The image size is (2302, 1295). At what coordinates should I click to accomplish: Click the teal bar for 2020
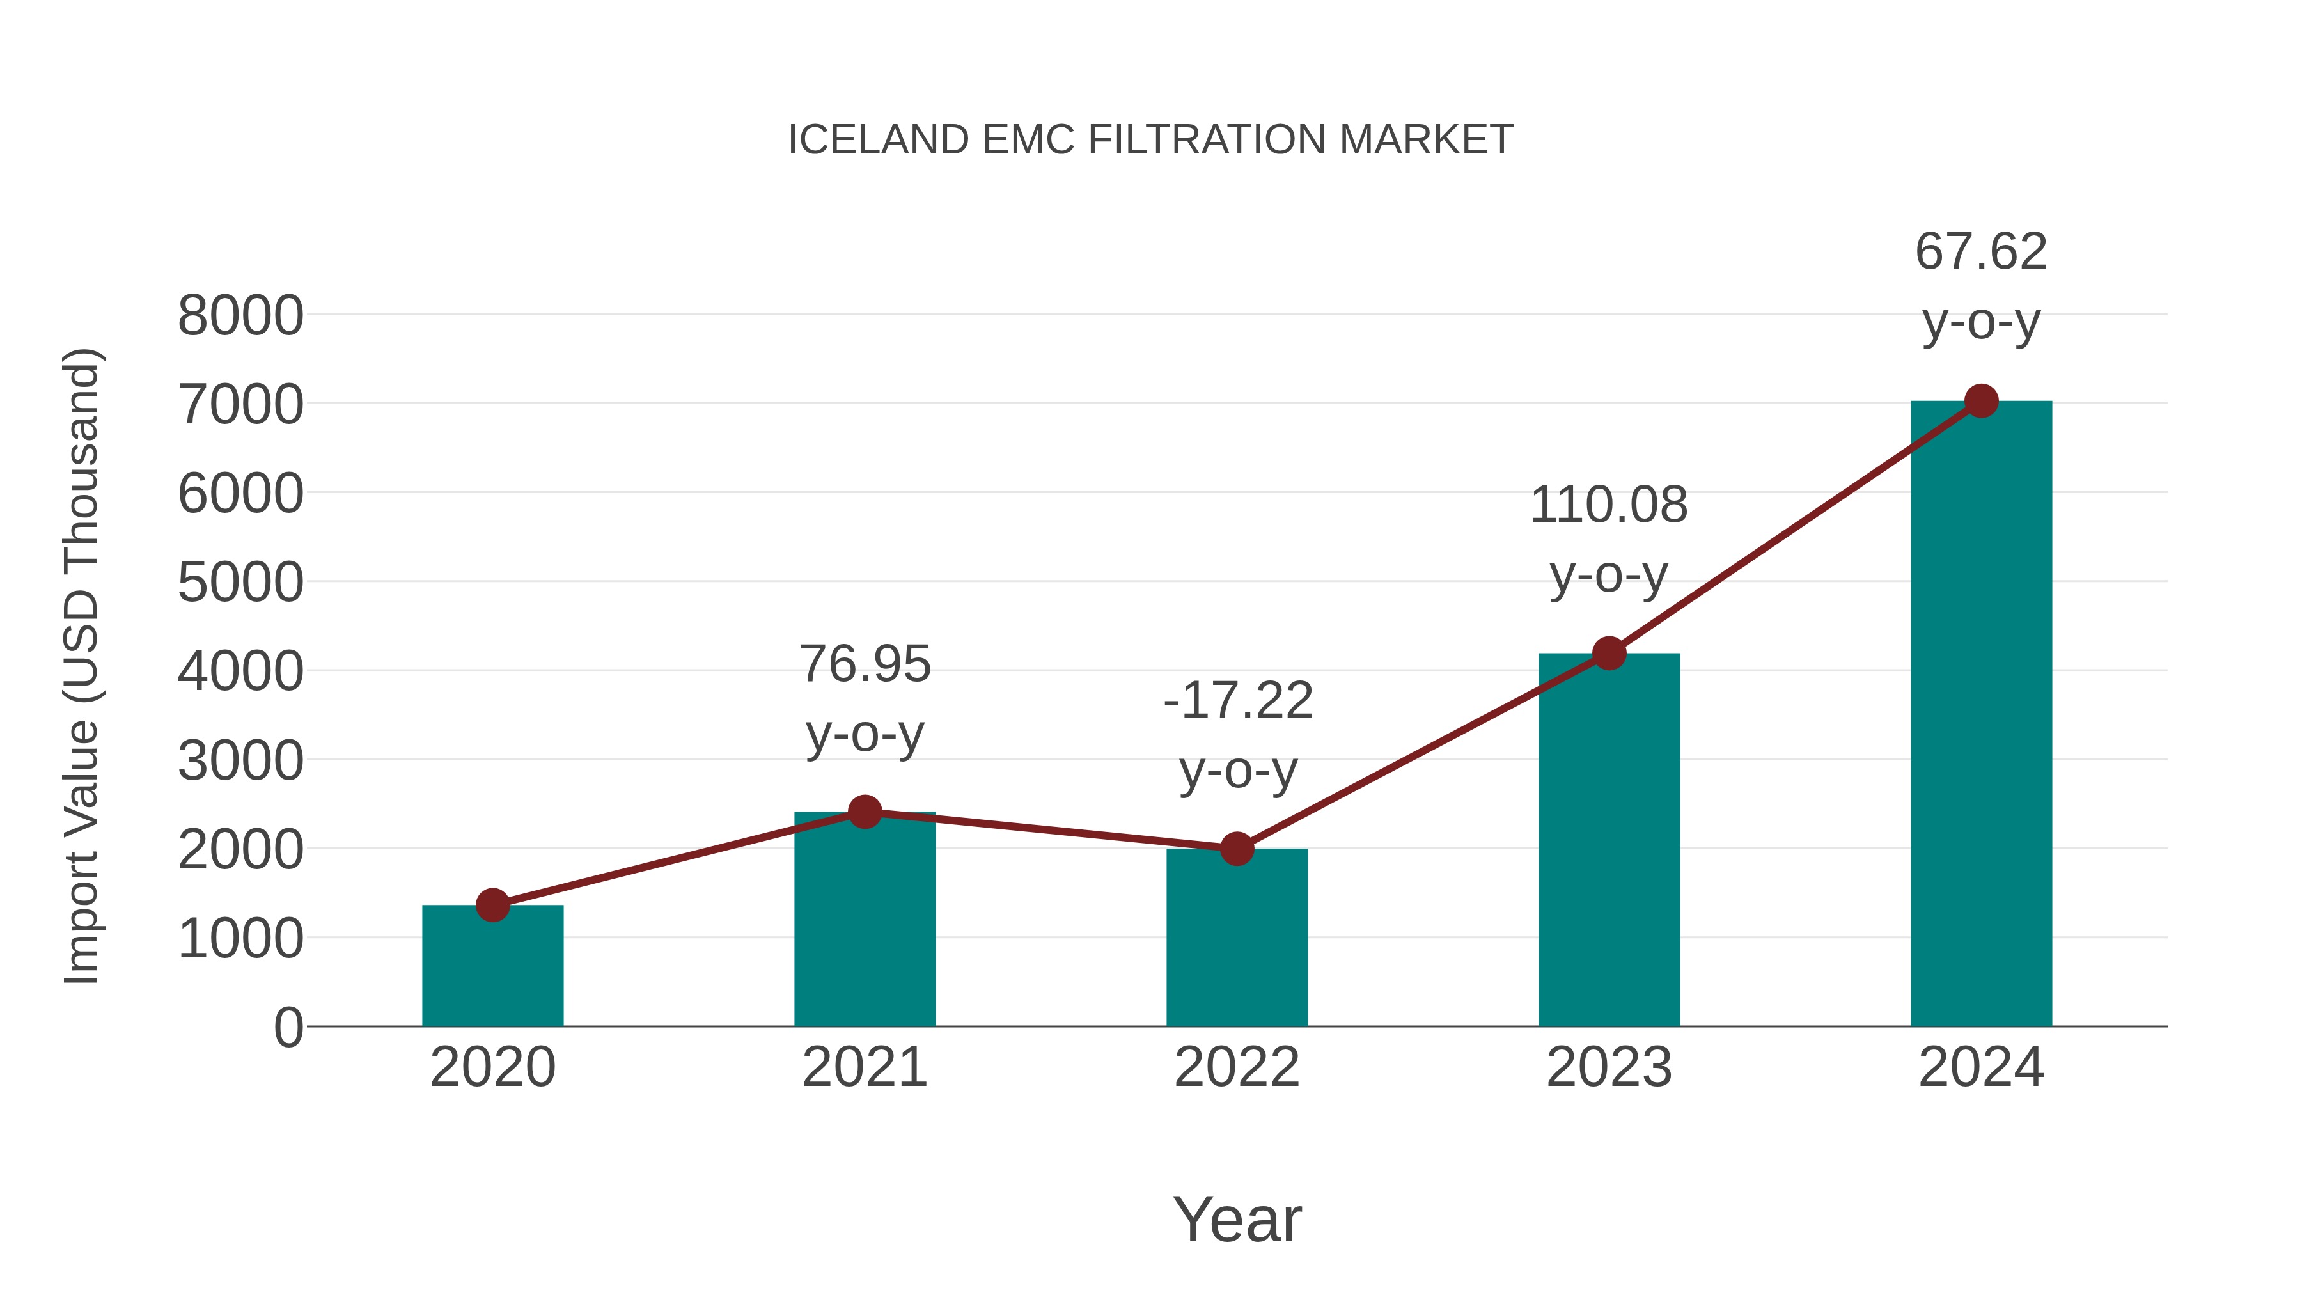492,969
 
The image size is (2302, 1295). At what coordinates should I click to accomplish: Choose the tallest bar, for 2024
1981,715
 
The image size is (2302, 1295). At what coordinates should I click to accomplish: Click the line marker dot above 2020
492,906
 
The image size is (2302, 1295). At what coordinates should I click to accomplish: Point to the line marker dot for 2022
1237,849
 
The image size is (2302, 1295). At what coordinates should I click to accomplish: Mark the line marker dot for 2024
1981,401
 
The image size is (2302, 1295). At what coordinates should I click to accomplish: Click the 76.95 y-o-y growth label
864,699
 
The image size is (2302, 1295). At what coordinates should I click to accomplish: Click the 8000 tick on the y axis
240,315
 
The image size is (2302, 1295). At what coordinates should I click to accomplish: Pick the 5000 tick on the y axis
240,583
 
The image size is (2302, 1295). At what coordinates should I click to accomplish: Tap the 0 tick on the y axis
288,1028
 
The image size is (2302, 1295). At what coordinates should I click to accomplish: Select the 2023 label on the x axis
1609,1067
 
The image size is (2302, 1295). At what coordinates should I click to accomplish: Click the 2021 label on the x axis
864,1067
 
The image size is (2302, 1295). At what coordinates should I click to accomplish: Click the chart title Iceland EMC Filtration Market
1150,140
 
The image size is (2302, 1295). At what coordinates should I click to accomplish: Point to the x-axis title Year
1237,1219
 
